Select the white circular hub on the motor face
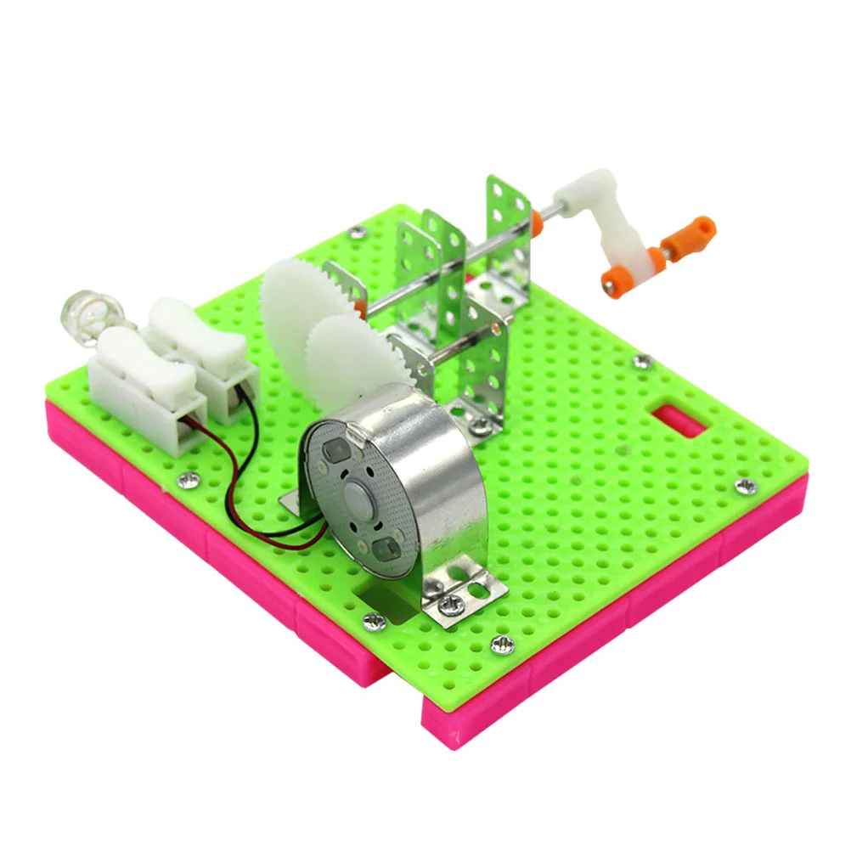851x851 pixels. pos(358,493)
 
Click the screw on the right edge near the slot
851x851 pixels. pos(747,487)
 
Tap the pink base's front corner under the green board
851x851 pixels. pos(437,730)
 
